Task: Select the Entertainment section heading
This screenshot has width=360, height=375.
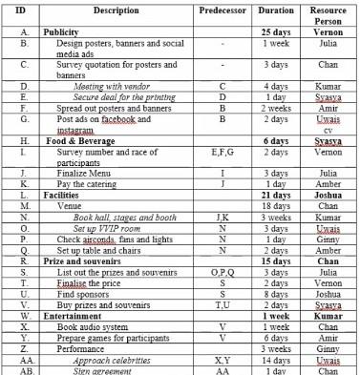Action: point(76,314)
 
